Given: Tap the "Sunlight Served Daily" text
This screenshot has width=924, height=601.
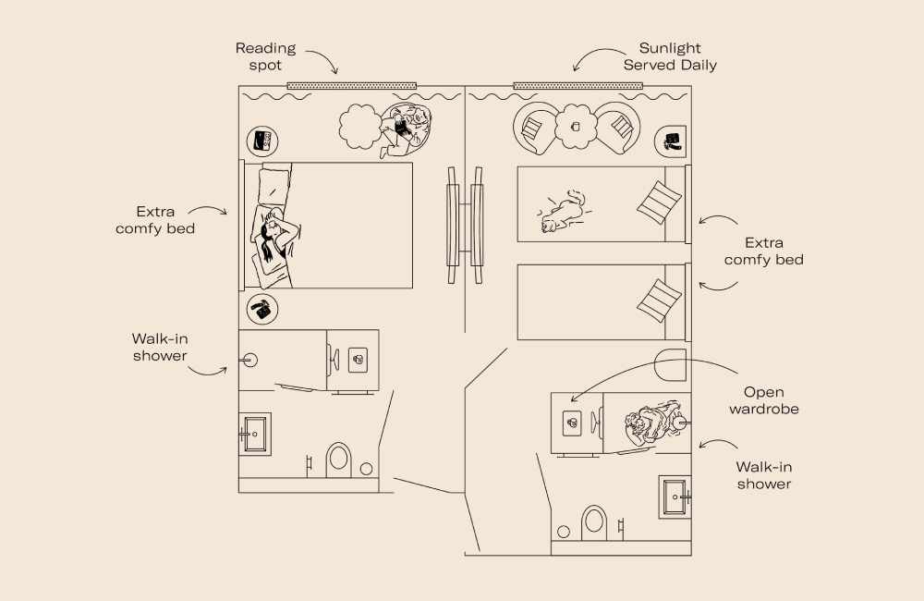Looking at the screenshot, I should tap(670, 56).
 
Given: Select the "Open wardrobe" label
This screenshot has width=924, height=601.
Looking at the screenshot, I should tap(764, 399).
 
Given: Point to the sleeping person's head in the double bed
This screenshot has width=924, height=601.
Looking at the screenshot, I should tap(273, 229).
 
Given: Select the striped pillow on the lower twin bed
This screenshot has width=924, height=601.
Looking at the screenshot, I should tap(660, 300).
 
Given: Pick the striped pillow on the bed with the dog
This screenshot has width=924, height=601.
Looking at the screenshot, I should tap(660, 202).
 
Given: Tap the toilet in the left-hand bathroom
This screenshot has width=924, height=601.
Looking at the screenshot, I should tap(339, 458).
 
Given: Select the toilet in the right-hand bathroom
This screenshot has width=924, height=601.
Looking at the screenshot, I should tap(593, 521).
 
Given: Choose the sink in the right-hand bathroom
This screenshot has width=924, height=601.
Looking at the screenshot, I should tap(675, 497).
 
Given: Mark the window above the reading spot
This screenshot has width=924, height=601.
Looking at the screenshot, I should tap(351, 86).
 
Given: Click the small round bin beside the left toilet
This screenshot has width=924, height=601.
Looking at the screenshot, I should tap(367, 469).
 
